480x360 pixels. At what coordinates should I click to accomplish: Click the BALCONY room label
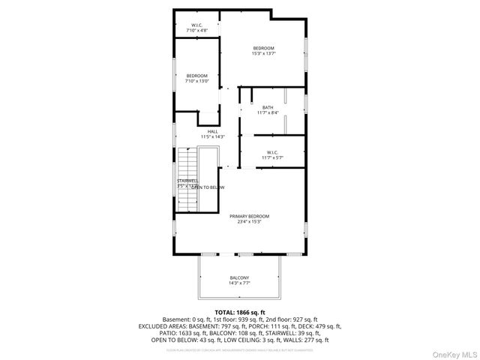[239, 278]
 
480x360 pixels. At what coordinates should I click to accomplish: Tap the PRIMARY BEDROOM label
[249, 216]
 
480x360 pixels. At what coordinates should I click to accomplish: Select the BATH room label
[268, 107]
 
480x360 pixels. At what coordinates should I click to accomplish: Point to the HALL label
[213, 132]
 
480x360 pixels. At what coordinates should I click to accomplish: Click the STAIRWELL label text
[187, 181]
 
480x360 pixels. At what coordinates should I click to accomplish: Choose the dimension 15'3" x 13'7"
[263, 54]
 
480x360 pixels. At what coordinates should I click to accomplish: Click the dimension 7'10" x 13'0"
[197, 81]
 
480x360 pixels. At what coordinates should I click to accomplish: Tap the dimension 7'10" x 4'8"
[197, 30]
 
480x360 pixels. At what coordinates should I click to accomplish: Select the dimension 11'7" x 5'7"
[272, 157]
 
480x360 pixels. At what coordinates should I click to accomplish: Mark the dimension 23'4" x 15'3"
[249, 222]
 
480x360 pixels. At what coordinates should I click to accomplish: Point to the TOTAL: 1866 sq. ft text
[240, 312]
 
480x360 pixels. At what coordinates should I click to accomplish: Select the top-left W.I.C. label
[197, 25]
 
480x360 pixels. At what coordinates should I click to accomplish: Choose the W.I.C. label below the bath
[272, 152]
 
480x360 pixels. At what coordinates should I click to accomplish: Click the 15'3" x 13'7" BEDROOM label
[263, 48]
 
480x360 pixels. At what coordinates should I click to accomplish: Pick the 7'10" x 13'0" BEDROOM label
[197, 75]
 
